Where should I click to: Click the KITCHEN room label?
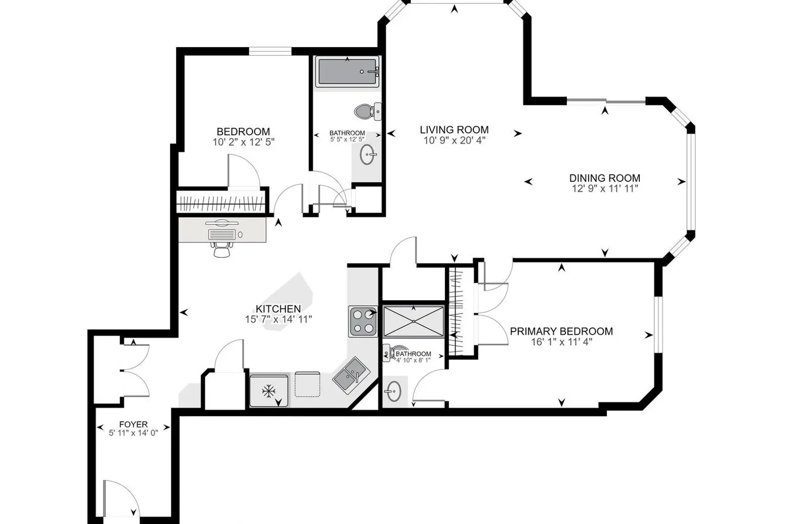278,309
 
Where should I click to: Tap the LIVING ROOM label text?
454,130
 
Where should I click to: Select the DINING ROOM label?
605,178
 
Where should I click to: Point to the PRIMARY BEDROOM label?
561,331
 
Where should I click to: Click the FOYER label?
133,424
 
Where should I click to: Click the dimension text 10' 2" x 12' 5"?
243,142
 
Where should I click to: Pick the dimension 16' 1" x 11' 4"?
561,342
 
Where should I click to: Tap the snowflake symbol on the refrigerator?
268,391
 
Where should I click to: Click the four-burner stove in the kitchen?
363,322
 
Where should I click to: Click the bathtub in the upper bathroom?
347,72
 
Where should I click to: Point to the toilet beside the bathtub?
367,112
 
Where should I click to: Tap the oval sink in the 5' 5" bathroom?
368,155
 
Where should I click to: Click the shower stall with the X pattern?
413,322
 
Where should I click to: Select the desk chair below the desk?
222,249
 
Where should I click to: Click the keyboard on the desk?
222,234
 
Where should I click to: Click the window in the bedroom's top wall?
270,51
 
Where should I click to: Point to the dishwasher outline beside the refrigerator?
308,384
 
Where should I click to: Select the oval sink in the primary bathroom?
394,391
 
